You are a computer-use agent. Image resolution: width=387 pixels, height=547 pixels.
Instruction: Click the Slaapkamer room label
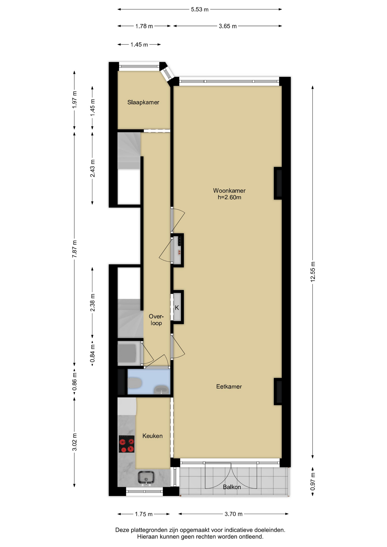[x=143, y=102]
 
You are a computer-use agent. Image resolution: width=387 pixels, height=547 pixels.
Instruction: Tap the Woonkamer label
[x=229, y=191]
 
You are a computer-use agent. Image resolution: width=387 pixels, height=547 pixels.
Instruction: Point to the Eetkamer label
[x=229, y=387]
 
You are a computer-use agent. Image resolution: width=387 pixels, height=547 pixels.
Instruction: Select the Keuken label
[x=152, y=436]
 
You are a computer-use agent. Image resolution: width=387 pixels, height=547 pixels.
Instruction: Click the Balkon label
[x=232, y=487]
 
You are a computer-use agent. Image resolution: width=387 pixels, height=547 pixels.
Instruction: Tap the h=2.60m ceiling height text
[x=229, y=197]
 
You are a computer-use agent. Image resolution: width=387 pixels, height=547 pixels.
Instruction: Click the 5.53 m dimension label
[x=199, y=9]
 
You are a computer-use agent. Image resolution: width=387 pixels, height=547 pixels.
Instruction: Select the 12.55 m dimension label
[x=313, y=272]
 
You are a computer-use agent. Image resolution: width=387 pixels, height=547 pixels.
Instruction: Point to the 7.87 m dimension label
[x=74, y=249]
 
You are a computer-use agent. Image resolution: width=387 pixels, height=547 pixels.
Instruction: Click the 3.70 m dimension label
[x=233, y=514]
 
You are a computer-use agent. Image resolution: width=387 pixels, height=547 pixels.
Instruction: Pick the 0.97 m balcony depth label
[x=313, y=481]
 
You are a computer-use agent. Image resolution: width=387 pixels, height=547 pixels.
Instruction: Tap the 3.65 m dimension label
[x=228, y=26]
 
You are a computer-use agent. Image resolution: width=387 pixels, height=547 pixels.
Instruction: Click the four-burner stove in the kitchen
[x=127, y=444]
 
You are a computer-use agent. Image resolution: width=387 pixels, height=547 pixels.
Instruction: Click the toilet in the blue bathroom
[x=135, y=383]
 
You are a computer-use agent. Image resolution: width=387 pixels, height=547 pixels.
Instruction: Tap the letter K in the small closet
[x=177, y=308]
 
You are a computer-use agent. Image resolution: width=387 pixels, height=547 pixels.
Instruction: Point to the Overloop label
[x=156, y=320]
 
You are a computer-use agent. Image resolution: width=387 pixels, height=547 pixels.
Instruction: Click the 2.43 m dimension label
[x=92, y=168]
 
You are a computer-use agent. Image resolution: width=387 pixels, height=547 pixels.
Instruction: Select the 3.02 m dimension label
[x=74, y=442]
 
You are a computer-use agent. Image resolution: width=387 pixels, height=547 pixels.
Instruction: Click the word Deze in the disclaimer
[x=122, y=530]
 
